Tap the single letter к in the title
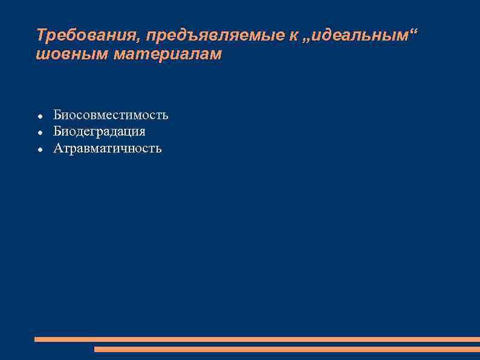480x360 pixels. pyautogui.click(x=293, y=35)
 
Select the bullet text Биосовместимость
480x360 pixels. pyautogui.click(x=111, y=115)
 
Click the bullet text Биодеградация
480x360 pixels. pyautogui.click(x=99, y=131)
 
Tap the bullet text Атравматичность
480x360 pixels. pyautogui.click(x=108, y=148)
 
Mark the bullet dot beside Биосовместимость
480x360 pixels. pyautogui.click(x=39, y=116)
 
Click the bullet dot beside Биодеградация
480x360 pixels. pyautogui.click(x=39, y=132)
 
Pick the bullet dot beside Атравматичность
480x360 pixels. pyautogui.click(x=39, y=149)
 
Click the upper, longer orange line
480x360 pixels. pyautogui.click(x=257, y=339)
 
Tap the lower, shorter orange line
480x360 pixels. pyautogui.click(x=287, y=349)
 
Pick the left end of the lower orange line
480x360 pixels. pyautogui.click(x=96, y=349)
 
